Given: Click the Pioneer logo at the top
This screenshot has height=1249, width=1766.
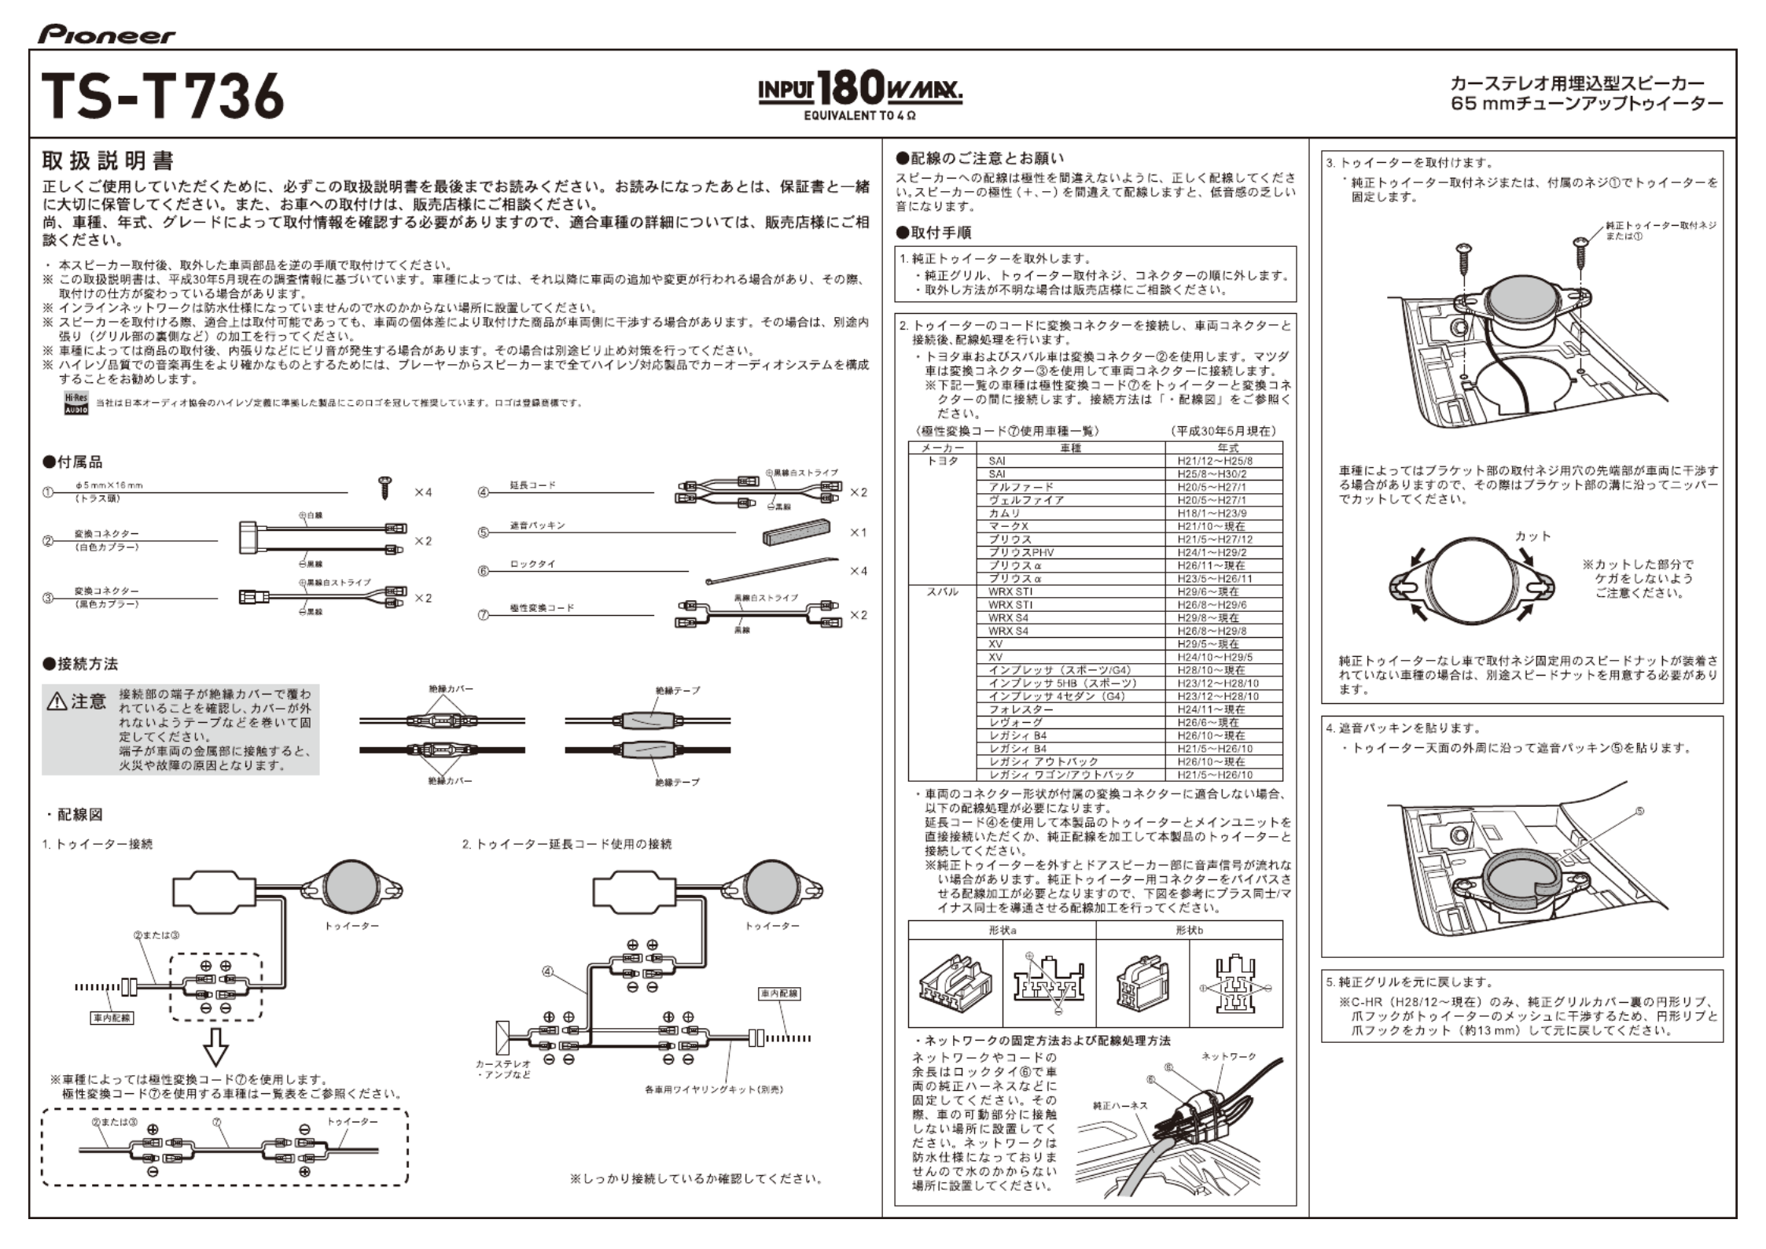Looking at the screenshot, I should pos(107,35).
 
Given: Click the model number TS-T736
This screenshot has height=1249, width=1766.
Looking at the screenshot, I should pos(162,96).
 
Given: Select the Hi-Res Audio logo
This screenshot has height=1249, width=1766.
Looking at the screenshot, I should pos(76,403).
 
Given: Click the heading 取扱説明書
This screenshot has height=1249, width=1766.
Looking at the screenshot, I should pos(108,161).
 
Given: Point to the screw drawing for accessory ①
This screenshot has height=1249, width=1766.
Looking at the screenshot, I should pos(385,487).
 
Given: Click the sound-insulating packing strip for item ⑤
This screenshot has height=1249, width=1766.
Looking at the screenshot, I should pos(797,532).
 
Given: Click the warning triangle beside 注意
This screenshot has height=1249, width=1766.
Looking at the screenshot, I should pos(57,702).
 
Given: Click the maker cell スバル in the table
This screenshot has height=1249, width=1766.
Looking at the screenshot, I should pos(943,591).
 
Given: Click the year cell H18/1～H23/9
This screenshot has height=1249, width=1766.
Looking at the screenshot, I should pos(1211,513).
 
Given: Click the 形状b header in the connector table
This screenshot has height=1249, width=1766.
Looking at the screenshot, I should pos(1189,930).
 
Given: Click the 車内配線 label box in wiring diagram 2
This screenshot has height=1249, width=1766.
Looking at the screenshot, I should pos(779,993).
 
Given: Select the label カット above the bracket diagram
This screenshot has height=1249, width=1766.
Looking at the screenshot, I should pos(1532,536).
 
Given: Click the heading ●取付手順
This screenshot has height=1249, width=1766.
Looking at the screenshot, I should pos(933,233).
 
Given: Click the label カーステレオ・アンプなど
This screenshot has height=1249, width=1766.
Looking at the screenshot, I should pos(503,1069).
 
